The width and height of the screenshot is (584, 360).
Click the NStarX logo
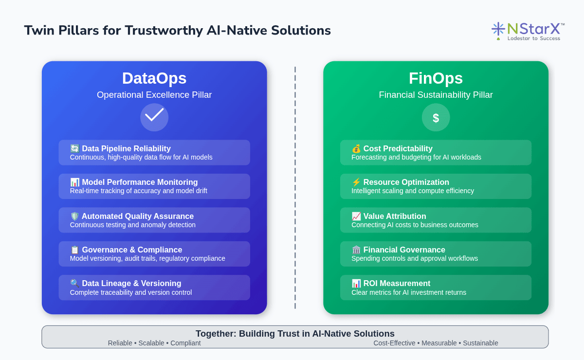coord(528,32)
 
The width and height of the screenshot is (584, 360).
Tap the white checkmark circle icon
coord(154,117)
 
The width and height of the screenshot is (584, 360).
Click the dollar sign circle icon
coord(436,117)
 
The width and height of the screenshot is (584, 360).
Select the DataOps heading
coord(154,78)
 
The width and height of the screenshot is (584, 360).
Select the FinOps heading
coord(436,78)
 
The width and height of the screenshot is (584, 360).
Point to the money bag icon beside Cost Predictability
coord(356,148)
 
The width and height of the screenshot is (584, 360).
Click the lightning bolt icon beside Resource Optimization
coord(356,182)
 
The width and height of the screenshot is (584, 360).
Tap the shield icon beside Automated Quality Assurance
coord(74,216)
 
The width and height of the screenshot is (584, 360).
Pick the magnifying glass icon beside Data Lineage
coord(74,283)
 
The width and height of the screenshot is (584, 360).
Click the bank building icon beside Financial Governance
coord(356,250)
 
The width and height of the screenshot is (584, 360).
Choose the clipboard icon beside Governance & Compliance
coord(74,250)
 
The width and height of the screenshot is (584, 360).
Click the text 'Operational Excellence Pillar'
coord(154,95)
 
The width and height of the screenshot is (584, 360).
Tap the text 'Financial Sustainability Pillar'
coord(436,95)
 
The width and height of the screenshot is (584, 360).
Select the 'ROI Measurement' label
coord(397,283)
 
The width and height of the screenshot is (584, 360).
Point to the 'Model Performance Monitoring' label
coord(140,182)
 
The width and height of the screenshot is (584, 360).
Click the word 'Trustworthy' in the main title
coord(164,31)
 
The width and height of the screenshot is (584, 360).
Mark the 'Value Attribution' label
coord(395,216)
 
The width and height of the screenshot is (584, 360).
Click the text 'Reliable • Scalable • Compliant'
coord(154,343)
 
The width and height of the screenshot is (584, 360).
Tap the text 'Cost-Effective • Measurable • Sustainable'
coord(436,343)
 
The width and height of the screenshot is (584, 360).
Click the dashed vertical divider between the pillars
coord(295,188)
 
